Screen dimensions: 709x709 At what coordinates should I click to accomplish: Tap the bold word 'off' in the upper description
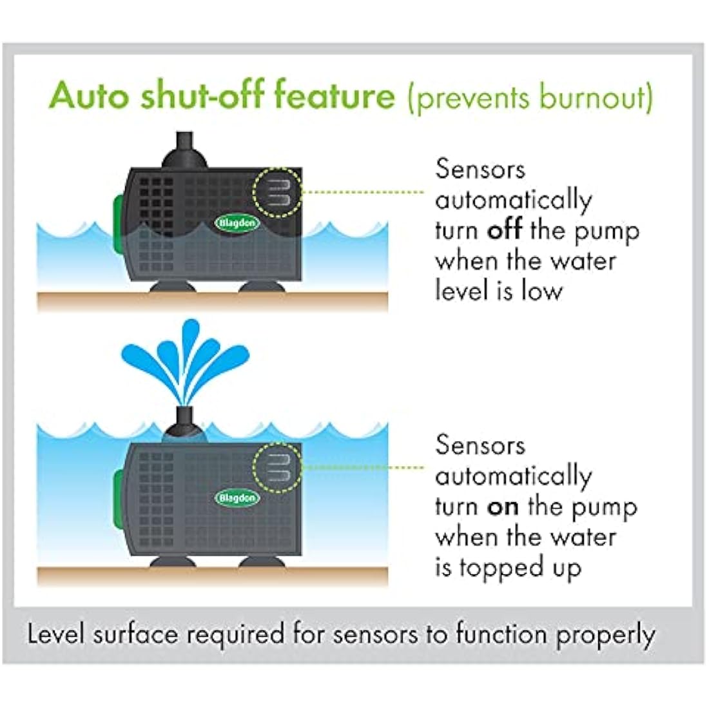pos(504,231)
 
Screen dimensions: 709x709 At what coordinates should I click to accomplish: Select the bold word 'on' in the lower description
pos(503,507)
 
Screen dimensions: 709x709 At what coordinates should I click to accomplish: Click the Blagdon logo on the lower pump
pos(237,498)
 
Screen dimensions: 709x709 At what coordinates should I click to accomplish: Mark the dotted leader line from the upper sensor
pos(364,192)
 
